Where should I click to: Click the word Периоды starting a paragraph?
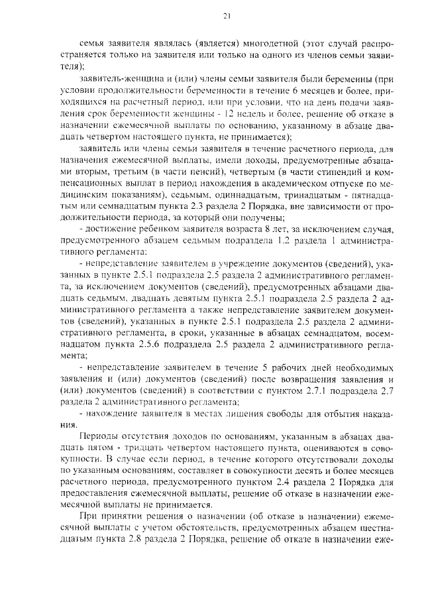100,437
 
